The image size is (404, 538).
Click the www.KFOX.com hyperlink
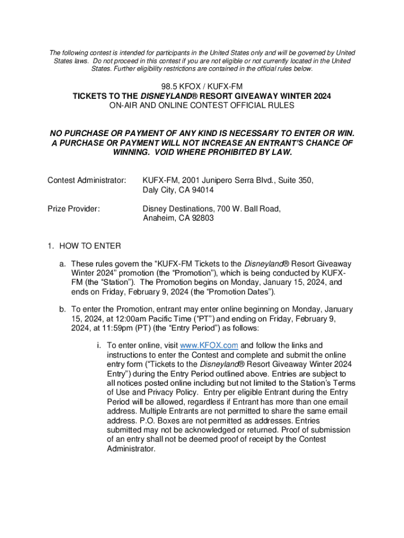tap(209, 345)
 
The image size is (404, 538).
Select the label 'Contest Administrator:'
tap(87, 180)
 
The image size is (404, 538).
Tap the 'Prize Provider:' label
tap(73, 209)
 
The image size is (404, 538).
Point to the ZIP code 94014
tap(201, 190)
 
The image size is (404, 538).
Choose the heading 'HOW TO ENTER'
tap(90, 246)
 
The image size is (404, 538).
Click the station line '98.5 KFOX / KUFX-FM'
tap(202, 86)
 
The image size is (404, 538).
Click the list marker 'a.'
tap(62, 263)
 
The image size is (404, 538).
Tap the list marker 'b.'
tap(62, 309)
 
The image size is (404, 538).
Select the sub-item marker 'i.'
tap(98, 345)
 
